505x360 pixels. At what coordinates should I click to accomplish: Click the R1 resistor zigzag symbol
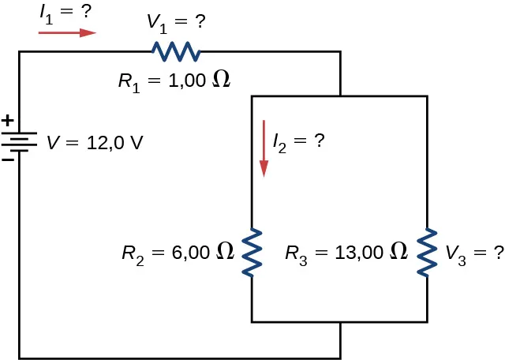point(176,52)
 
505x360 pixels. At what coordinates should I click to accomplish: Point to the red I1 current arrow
point(67,33)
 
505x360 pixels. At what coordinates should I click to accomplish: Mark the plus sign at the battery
point(7,122)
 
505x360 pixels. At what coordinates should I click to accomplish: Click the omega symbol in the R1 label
point(223,80)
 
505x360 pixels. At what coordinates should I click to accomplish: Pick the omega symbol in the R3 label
point(399,253)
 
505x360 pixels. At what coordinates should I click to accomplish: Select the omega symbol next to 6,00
point(226,253)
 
